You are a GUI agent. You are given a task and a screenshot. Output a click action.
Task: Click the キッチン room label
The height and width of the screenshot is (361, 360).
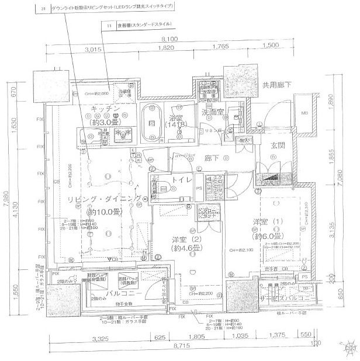106,109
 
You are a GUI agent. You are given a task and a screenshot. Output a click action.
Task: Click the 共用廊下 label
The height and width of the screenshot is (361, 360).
281,85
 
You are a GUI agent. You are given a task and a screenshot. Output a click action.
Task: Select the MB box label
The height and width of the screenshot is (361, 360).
304,113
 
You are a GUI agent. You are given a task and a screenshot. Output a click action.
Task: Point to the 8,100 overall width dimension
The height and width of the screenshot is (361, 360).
170,39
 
